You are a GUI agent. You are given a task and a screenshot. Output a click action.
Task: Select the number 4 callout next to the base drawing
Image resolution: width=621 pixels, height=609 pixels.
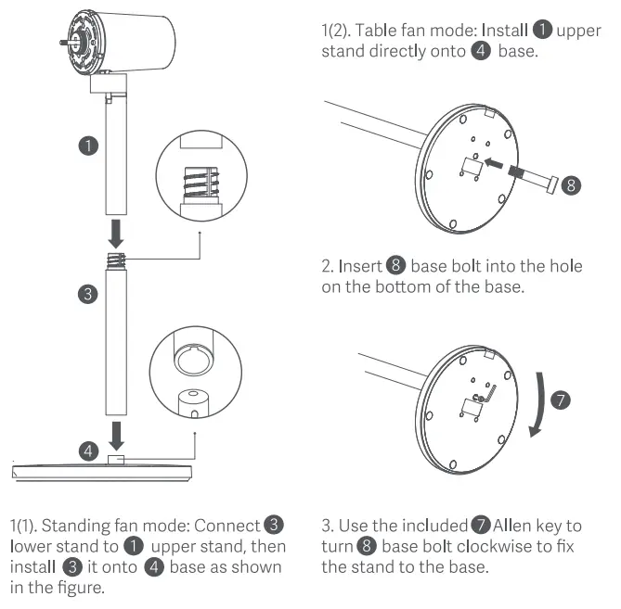point(87,451)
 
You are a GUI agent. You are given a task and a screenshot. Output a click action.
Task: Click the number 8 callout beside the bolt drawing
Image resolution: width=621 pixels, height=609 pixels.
point(573,184)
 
